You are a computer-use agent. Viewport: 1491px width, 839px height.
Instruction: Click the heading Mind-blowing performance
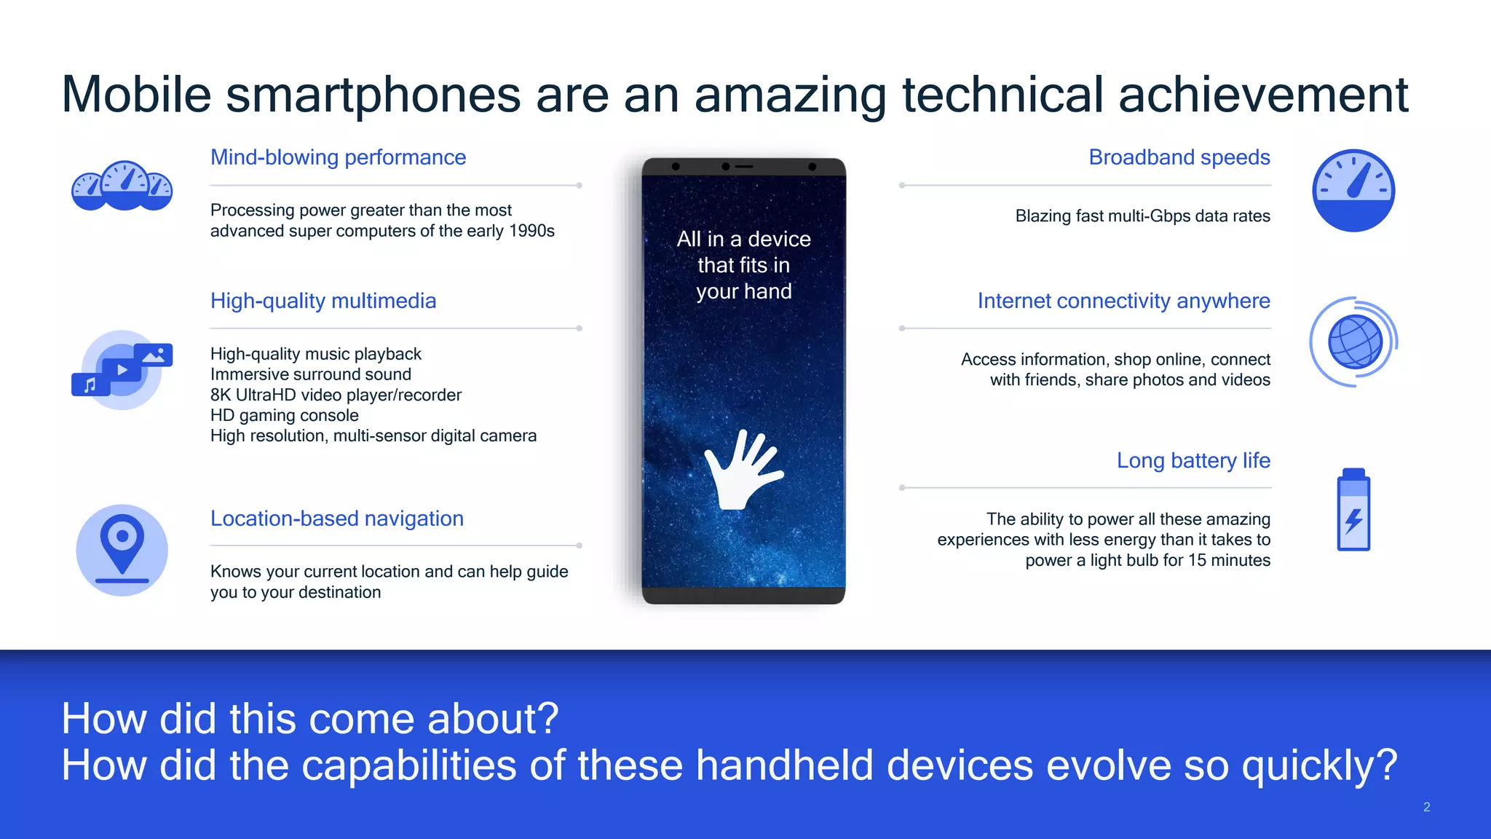338,157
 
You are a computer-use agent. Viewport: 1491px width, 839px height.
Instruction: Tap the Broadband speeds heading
1179,157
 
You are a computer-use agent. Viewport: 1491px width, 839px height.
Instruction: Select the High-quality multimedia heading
323,301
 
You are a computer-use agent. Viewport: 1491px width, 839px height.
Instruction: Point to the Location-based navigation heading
336,519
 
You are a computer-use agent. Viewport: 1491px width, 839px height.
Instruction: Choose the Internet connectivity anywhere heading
1123,301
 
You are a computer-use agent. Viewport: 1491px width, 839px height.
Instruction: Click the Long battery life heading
1193,460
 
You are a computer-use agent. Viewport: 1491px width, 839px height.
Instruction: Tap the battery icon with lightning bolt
1353,510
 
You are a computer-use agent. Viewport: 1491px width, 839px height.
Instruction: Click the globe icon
1354,342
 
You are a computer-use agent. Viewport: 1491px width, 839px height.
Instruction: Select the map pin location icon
122,550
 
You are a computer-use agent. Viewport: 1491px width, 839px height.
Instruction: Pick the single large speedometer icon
1353,191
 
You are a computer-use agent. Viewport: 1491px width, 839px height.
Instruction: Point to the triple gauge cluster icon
122,186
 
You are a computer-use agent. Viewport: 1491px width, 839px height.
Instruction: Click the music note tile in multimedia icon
90,384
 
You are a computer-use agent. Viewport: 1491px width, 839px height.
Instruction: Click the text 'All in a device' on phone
743,239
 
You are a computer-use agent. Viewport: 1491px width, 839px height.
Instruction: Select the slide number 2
1426,807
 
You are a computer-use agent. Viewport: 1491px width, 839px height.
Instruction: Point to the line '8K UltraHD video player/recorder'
336,395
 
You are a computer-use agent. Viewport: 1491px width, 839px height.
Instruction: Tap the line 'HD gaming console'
284,415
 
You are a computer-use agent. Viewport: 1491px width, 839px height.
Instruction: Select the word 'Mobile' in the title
136,95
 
